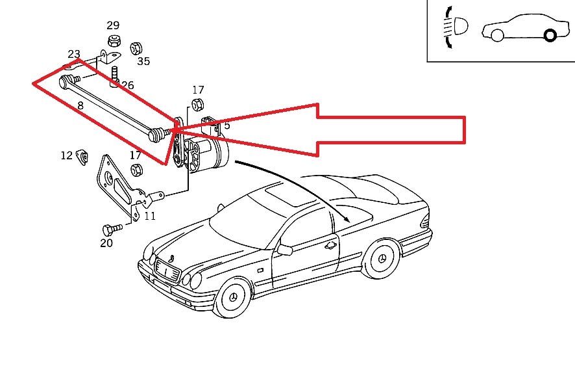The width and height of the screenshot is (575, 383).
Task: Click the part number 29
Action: pyautogui.click(x=113, y=25)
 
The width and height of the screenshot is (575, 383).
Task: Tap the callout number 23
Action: pyautogui.click(x=74, y=54)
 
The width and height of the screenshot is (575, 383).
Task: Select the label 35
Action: pyautogui.click(x=143, y=61)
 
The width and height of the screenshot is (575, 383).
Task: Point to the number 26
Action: pyautogui.click(x=127, y=85)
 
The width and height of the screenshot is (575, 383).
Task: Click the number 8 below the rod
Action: pyautogui.click(x=80, y=105)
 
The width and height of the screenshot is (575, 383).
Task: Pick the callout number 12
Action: pyautogui.click(x=67, y=155)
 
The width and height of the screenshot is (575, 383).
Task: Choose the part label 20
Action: pyautogui.click(x=106, y=243)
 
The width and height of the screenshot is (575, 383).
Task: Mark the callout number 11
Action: pyautogui.click(x=150, y=216)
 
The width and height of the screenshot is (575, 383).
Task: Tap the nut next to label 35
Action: pyautogui.click(x=136, y=47)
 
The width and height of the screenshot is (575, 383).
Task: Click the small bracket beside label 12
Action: pyautogui.click(x=83, y=156)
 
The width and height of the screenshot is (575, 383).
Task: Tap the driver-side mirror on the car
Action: pyautogui.click(x=284, y=248)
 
